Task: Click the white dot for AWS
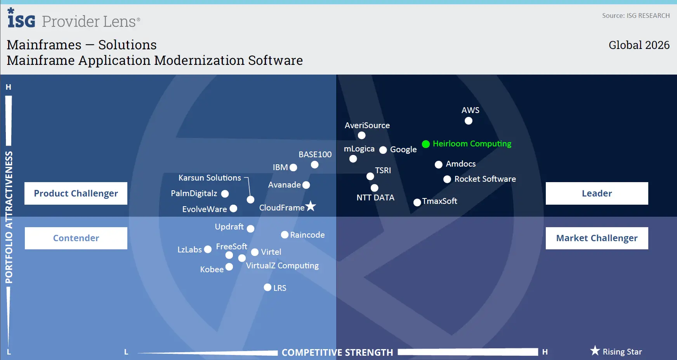click(x=469, y=121)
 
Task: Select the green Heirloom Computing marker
click(x=426, y=144)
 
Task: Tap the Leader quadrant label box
click(x=597, y=193)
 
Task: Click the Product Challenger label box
click(x=76, y=193)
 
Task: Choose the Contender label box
click(x=76, y=238)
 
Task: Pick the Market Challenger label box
click(x=597, y=238)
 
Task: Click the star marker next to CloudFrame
click(x=311, y=206)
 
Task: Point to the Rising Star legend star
click(x=595, y=351)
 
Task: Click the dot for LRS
click(x=267, y=287)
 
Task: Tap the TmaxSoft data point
click(x=417, y=202)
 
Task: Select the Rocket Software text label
click(x=485, y=179)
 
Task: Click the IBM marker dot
click(x=293, y=167)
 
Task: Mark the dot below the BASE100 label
click(x=315, y=165)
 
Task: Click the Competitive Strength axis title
click(x=337, y=352)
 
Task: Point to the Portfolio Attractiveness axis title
click(x=9, y=217)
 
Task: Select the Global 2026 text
click(x=639, y=45)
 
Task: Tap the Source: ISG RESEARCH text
click(x=635, y=16)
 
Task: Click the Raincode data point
click(x=285, y=235)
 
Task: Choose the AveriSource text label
click(x=367, y=125)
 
